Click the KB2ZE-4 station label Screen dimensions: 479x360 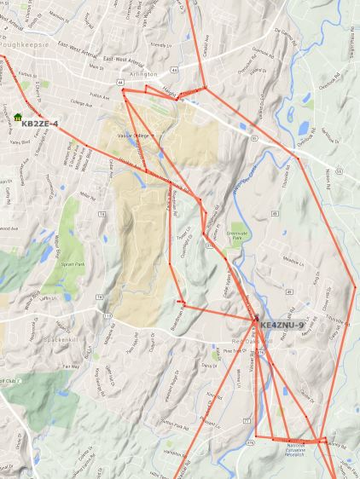point(39,124)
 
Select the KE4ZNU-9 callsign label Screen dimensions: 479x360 point(282,326)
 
